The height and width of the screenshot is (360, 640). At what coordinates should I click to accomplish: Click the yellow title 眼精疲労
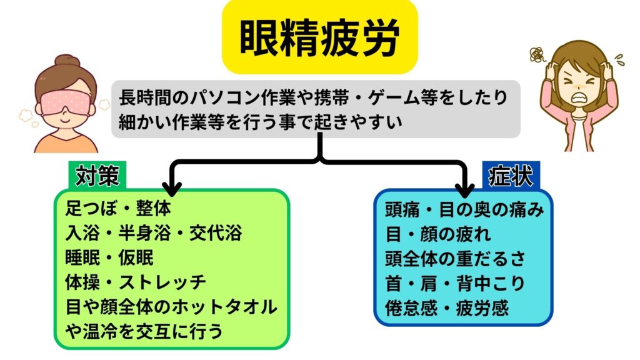[x=319, y=37]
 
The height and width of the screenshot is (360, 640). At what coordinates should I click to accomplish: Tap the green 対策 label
[x=97, y=176]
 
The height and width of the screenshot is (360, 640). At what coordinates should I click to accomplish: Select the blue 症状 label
[x=511, y=176]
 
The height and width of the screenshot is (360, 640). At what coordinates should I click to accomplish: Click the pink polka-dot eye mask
[x=65, y=102]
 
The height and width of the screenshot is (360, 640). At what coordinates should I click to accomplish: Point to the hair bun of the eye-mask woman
[x=67, y=61]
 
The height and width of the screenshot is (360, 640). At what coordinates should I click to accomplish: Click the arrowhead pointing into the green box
[x=172, y=189]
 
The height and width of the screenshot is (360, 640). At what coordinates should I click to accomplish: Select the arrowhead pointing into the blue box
[x=465, y=189]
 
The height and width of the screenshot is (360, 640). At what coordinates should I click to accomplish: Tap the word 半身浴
[x=144, y=233]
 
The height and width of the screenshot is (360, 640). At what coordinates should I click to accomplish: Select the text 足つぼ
[x=91, y=209]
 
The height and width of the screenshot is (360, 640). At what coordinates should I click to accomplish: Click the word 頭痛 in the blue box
[x=402, y=210]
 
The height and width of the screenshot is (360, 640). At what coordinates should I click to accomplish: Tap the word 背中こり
[x=491, y=283]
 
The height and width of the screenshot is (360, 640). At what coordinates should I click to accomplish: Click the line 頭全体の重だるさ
[x=455, y=259]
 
